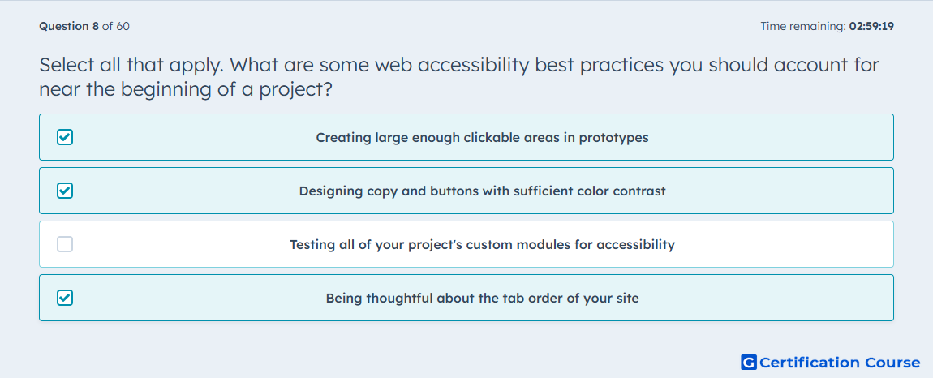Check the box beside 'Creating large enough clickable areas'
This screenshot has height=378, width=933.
[65, 138]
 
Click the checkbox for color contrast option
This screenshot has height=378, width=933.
[65, 191]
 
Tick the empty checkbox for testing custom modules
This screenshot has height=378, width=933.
[65, 244]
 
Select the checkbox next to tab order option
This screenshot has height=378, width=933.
[65, 298]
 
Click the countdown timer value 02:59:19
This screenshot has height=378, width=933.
[871, 26]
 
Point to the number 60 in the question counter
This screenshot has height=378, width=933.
[124, 26]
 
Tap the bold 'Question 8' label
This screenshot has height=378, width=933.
[69, 26]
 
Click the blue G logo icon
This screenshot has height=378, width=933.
[749, 362]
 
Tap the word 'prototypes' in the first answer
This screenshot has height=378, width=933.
[614, 138]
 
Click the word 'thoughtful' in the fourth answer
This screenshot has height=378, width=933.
[399, 299]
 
